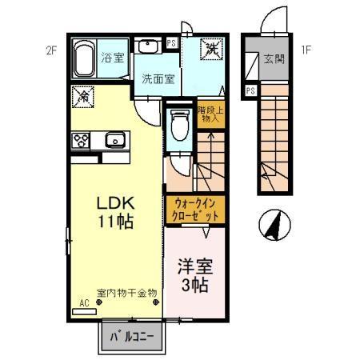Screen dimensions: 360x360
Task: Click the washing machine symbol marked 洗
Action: [213, 50]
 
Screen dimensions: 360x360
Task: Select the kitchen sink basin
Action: [114, 141]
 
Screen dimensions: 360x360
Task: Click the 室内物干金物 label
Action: [127, 293]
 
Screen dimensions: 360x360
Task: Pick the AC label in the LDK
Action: [84, 303]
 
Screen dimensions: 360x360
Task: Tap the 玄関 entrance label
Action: [274, 60]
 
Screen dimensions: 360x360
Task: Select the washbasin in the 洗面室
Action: [148, 46]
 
